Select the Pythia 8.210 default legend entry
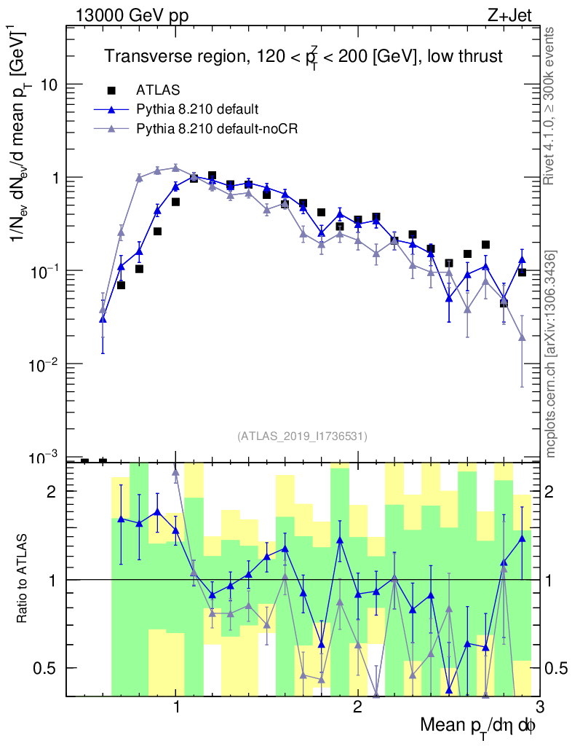(x=197, y=109)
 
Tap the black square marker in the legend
(x=111, y=90)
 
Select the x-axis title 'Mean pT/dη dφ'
(x=478, y=726)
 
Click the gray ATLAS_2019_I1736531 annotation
(x=302, y=436)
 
